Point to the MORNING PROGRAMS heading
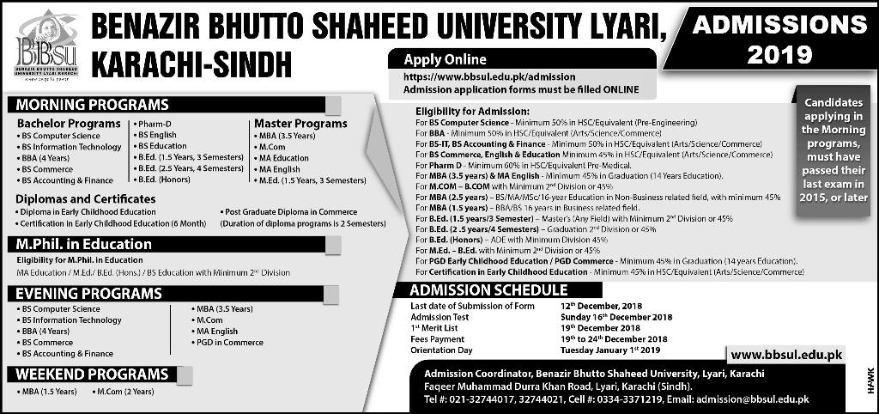point(89,105)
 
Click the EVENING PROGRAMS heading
point(88,294)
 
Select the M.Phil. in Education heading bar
point(84,245)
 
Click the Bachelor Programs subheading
point(70,124)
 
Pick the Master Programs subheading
point(300,124)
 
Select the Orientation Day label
point(444,350)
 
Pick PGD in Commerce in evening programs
point(230,343)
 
